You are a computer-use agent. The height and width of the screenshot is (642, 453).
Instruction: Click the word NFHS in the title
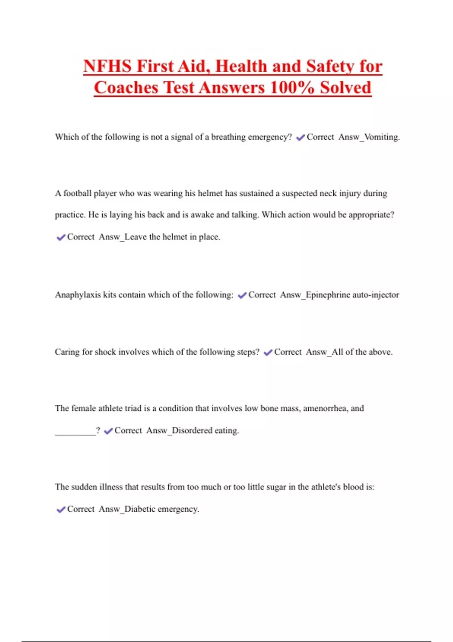(x=107, y=66)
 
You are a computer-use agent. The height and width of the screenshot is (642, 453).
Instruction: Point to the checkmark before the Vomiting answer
(x=300, y=138)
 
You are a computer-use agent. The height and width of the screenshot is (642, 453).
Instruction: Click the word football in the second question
(x=77, y=193)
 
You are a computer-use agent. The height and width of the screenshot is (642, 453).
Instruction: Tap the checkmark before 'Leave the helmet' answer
(x=61, y=238)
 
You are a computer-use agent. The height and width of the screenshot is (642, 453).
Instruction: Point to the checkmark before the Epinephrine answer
(x=242, y=295)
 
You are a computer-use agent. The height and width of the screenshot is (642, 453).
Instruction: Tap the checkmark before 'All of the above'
(x=268, y=353)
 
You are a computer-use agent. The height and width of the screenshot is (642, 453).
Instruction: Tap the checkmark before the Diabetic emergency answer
(x=61, y=510)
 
